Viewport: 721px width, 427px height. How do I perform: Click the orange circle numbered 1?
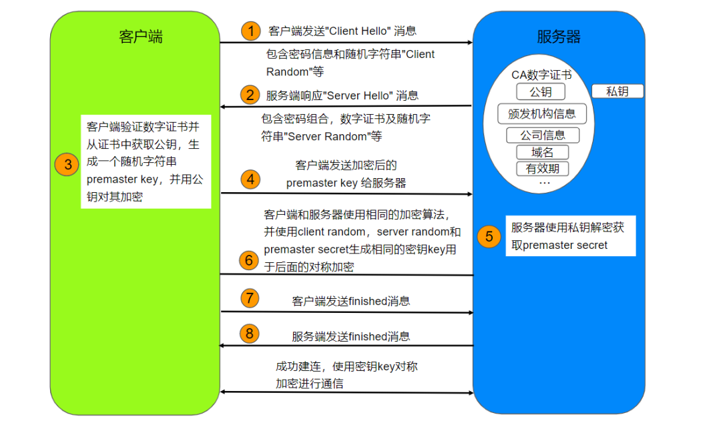click(x=250, y=31)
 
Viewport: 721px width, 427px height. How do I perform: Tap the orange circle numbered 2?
click(x=250, y=95)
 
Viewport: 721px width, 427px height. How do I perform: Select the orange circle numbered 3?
click(x=66, y=164)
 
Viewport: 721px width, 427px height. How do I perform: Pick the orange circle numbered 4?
click(x=250, y=179)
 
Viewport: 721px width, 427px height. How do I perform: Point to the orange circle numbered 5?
click(x=489, y=236)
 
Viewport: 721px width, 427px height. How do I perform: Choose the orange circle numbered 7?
click(x=249, y=298)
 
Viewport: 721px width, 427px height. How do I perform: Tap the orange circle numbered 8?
click(x=249, y=333)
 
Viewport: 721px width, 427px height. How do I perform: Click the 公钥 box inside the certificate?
click(x=541, y=92)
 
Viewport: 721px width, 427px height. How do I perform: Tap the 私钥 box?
click(x=618, y=91)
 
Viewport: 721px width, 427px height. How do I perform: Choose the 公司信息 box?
click(x=543, y=135)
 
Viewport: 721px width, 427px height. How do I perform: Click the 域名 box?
click(x=542, y=152)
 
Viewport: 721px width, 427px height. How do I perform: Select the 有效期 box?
click(x=542, y=169)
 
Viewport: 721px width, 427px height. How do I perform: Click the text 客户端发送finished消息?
click(x=351, y=302)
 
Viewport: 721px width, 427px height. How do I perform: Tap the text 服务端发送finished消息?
click(x=351, y=337)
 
